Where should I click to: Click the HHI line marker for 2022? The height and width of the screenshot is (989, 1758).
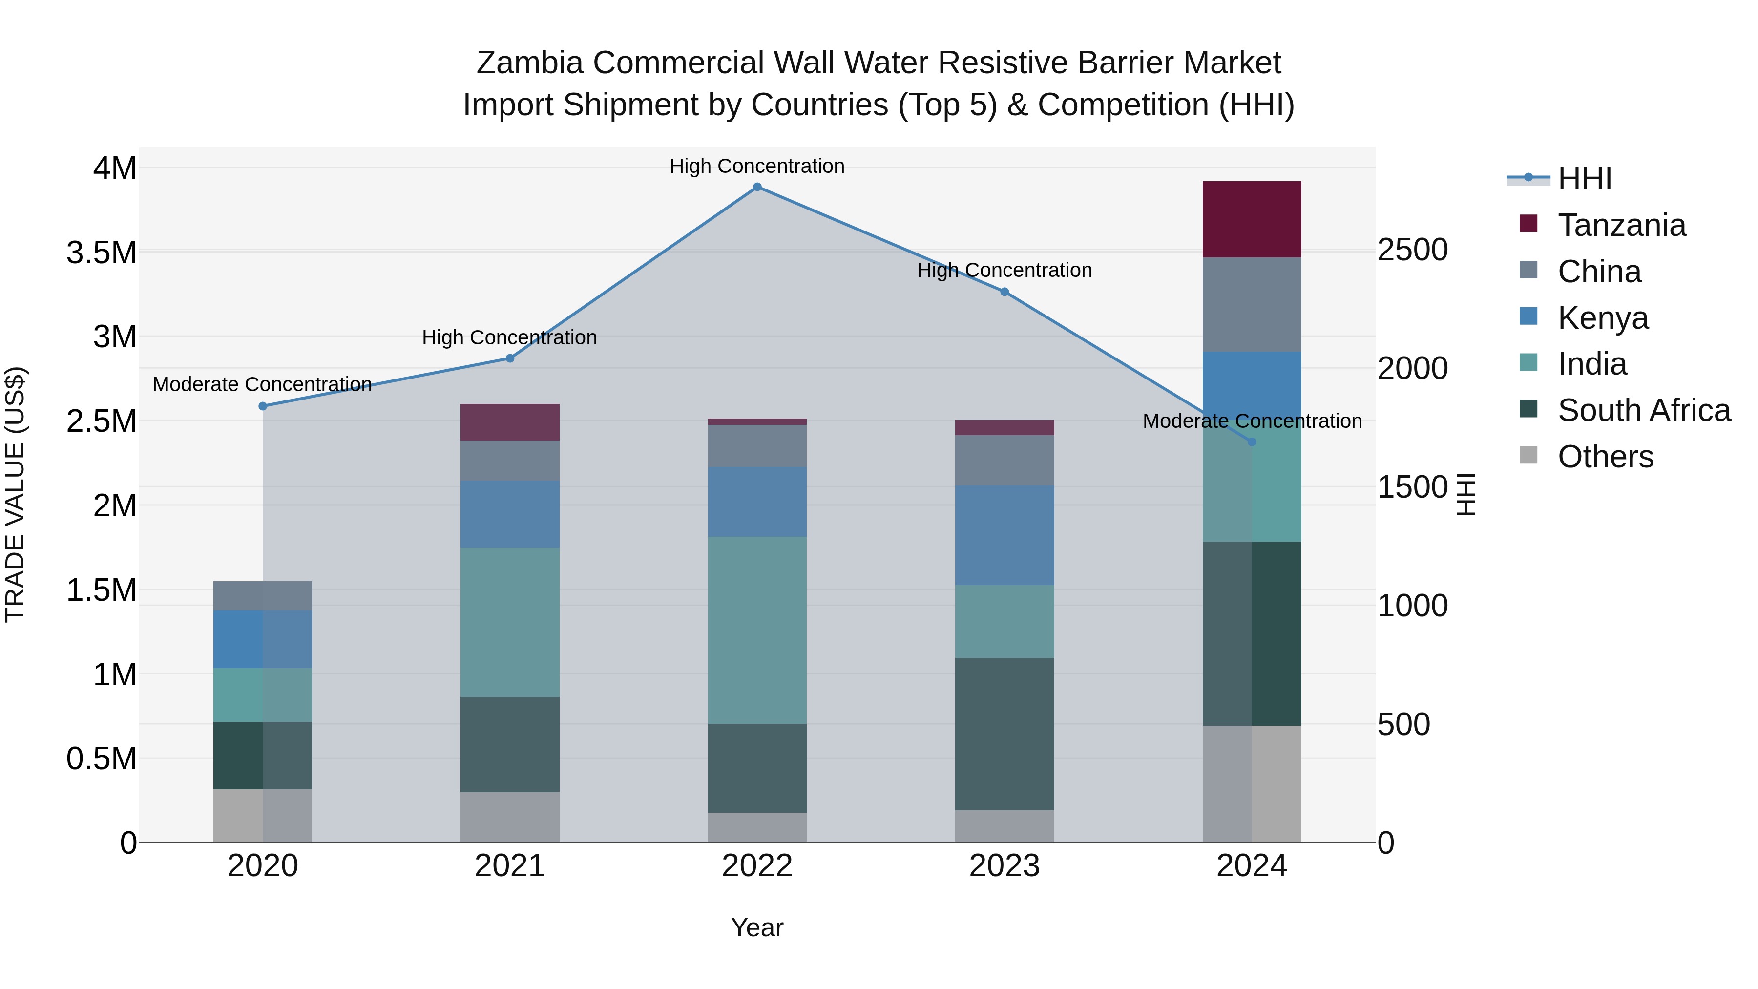(757, 187)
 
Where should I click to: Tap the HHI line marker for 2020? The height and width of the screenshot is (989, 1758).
(263, 406)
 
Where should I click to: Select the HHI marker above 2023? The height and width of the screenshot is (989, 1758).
(1005, 292)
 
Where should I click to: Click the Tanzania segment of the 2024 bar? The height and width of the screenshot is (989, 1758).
(1252, 219)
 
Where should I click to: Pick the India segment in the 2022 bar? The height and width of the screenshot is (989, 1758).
(757, 630)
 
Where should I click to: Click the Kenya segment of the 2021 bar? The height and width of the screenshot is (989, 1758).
(510, 513)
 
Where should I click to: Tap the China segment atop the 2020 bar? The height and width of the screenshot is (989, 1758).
(263, 596)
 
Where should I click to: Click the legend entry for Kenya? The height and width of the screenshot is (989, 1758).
(1602, 318)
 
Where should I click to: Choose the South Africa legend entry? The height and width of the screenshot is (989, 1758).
(1643, 410)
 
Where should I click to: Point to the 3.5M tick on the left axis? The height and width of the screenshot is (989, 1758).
(102, 253)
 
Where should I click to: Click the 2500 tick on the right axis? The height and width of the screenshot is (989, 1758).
(1412, 250)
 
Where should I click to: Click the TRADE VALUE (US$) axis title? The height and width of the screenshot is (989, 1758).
(15, 494)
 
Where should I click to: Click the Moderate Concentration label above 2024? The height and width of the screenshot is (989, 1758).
(1252, 421)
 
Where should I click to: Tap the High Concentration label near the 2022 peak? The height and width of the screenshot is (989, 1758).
(757, 166)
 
